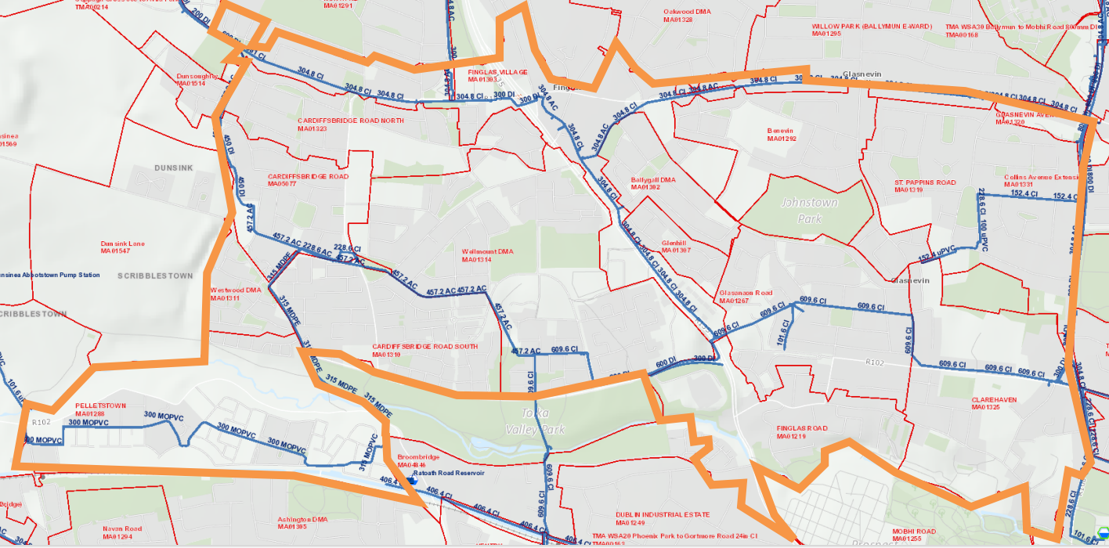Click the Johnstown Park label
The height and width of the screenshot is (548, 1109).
(810, 211)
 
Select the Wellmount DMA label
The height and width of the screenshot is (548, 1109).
(487, 255)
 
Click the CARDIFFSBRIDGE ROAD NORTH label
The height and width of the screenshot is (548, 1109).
(350, 124)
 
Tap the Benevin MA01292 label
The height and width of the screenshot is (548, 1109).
(782, 135)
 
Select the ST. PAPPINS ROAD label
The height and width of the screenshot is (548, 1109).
(925, 186)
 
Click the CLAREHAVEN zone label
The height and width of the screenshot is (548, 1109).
(994, 403)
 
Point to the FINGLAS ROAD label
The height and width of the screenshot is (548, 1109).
(801, 432)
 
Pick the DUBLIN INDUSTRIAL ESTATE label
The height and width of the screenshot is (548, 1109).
(662, 518)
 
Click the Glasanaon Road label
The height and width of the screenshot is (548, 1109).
(745, 297)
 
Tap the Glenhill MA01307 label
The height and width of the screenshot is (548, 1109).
(676, 247)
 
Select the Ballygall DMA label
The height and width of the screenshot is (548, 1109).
(652, 183)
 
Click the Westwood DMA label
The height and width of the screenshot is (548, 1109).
(235, 294)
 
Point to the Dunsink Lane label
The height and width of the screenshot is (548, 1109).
(122, 247)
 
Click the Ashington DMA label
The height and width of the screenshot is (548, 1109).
(302, 523)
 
